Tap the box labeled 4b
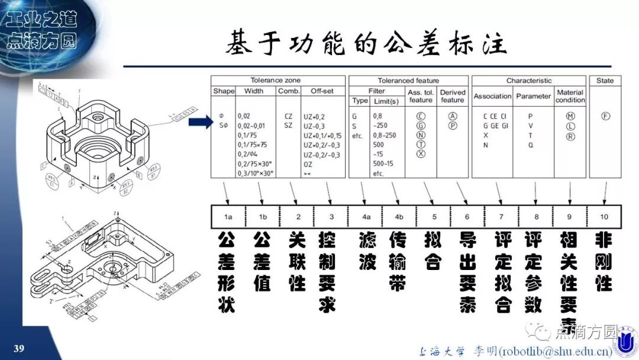pyautogui.click(x=399, y=217)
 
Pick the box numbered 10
pyautogui.click(x=603, y=217)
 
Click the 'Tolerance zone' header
pyautogui.click(x=275, y=81)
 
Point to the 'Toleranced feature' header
pyautogui.click(x=408, y=81)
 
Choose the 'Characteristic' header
pyautogui.click(x=528, y=81)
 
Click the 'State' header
pyautogui.click(x=605, y=81)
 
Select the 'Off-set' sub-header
pyautogui.click(x=322, y=91)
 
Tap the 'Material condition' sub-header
pyautogui.click(x=570, y=96)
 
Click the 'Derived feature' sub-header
pyautogui.click(x=453, y=96)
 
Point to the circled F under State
pyautogui.click(x=605, y=116)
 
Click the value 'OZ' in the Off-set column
pyautogui.click(x=308, y=164)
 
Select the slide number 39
pyautogui.click(x=19, y=348)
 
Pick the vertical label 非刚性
pyautogui.click(x=603, y=261)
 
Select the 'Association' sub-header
pyautogui.click(x=492, y=96)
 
